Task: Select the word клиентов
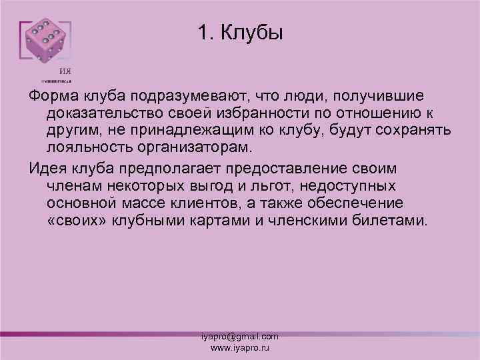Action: [x=250, y=201]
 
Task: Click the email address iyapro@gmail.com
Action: [x=240, y=337]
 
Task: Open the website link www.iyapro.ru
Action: [x=240, y=348]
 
